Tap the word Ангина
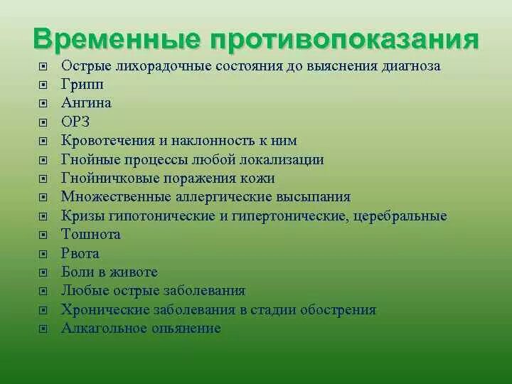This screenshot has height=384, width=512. (86, 103)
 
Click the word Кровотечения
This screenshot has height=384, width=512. (107, 141)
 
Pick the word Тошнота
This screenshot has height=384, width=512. (91, 235)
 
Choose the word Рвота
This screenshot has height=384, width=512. (80, 253)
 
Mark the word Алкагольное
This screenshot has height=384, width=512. (105, 329)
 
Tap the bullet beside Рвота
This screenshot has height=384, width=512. (43, 254)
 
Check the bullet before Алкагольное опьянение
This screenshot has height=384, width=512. (43, 329)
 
